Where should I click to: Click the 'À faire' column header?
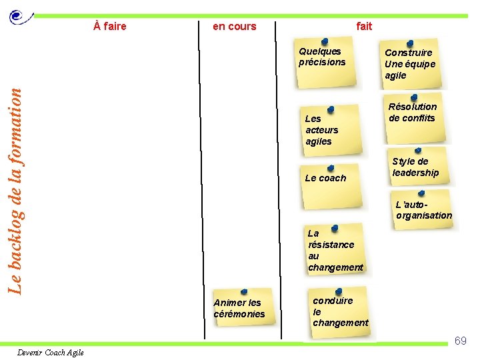pos(110,27)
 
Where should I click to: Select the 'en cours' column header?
pos(234,27)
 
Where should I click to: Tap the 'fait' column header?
pos(364,27)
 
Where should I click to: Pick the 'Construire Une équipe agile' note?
pos(411,65)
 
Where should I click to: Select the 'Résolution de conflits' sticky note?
pos(414,116)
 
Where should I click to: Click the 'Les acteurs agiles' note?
pos(327,130)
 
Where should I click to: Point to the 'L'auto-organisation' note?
pos(423,211)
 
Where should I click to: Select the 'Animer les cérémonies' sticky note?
pos(241,307)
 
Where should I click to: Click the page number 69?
pos(460,341)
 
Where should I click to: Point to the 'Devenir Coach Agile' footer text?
pos(51,353)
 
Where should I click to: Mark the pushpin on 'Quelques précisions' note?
pos(325,41)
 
